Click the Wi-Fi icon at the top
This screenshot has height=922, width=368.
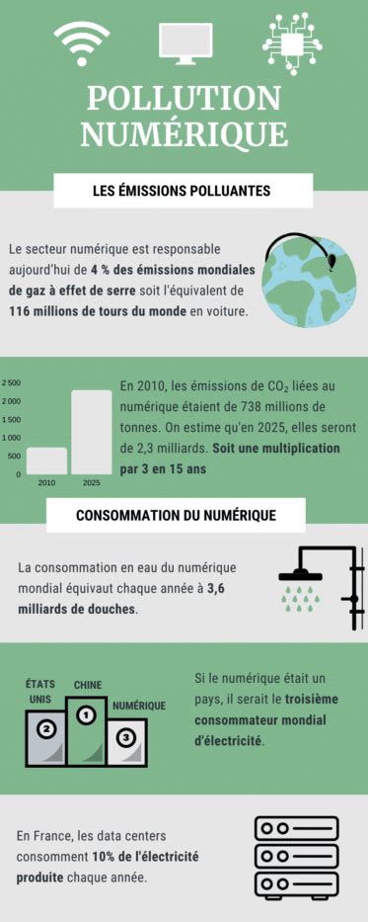82,43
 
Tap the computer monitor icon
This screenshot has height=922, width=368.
185,42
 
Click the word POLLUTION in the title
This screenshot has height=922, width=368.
184,98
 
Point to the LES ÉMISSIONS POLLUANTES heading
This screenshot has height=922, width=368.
183,190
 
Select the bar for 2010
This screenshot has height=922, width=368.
46,461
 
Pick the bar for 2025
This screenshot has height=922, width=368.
91,432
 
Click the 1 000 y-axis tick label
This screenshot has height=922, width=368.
11,437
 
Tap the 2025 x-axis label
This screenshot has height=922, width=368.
91,482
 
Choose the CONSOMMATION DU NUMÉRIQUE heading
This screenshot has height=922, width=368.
176,515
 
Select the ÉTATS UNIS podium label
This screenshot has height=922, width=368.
40,691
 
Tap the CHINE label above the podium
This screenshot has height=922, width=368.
88,685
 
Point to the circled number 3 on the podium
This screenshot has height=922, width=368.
125,737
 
